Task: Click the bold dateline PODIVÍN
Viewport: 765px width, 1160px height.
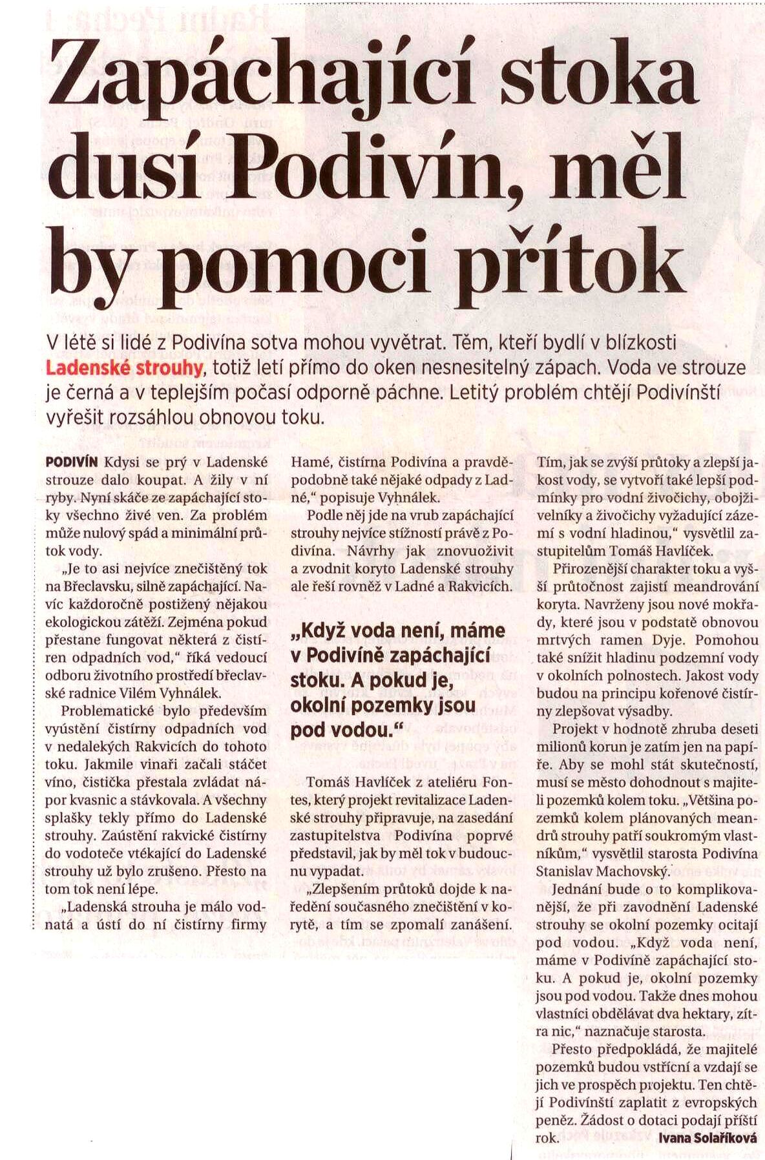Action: tap(72, 462)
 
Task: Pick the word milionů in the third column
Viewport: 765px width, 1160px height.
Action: tap(560, 746)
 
